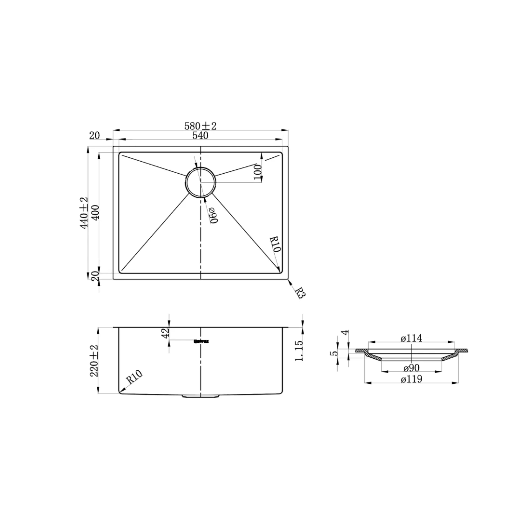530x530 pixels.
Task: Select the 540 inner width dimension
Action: [x=200, y=136]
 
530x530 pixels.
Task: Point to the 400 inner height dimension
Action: [x=95, y=213]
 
